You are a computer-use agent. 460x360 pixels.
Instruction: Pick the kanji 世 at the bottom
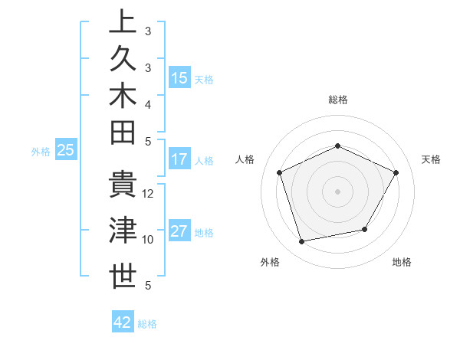(123, 276)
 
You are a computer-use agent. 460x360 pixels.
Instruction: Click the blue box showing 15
(179, 77)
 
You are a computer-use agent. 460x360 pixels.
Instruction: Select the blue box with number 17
(179, 159)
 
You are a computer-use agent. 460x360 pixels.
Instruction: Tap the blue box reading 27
(179, 231)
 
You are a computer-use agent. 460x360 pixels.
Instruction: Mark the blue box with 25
(66, 150)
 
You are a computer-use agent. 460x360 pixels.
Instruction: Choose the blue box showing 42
(123, 322)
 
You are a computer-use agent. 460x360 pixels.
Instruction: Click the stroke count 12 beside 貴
(149, 194)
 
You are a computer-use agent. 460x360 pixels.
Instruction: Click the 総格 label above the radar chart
(337, 100)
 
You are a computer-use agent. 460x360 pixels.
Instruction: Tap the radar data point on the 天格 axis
(396, 172)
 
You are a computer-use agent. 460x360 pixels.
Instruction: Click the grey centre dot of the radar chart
(337, 191)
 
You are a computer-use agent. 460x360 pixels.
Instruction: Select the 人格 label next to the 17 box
(204, 161)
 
